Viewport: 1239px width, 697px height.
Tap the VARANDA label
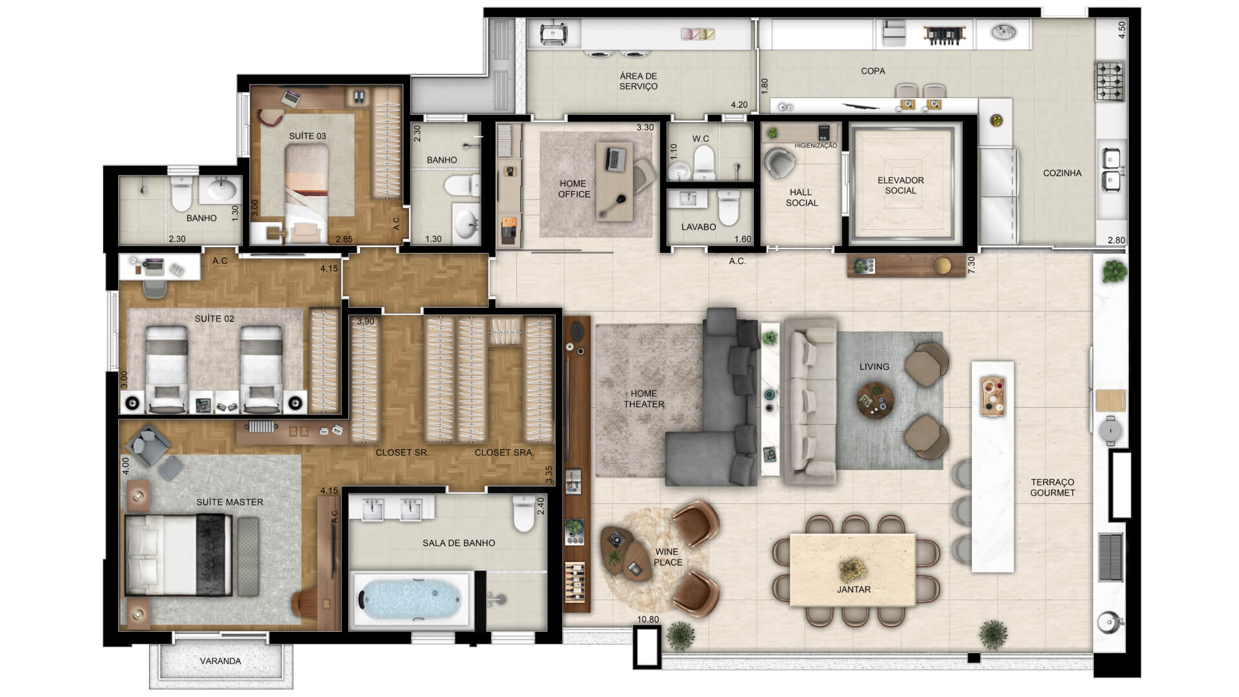click(x=220, y=661)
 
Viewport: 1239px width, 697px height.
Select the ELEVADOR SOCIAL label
click(x=900, y=185)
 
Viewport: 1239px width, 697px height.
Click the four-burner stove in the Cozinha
click(x=1109, y=81)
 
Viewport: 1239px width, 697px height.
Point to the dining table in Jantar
click(x=852, y=569)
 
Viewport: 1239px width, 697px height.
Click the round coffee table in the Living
click(x=876, y=401)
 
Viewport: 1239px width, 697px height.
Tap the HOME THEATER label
click(x=643, y=399)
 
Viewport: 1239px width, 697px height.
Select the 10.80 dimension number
click(x=648, y=620)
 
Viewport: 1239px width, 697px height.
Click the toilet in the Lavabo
click(x=729, y=208)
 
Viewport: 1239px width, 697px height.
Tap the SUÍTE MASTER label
click(x=230, y=502)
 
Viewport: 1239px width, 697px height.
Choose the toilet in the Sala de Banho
click(x=524, y=514)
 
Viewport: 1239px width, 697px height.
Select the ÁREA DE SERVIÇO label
click(x=638, y=81)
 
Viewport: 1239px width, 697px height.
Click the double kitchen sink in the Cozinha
click(x=1111, y=169)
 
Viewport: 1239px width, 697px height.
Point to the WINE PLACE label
click(x=667, y=557)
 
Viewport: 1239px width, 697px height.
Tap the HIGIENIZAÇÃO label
click(x=816, y=146)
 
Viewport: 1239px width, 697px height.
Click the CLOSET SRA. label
click(x=504, y=452)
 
